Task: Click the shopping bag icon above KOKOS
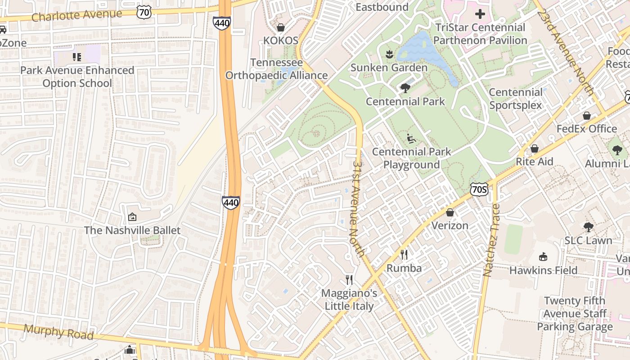[x=281, y=27]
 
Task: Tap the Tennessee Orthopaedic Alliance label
[x=276, y=69]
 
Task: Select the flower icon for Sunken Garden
[x=389, y=54]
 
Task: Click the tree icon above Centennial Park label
[x=405, y=88]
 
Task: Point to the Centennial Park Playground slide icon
[x=411, y=139]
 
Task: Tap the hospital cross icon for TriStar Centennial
[x=480, y=14]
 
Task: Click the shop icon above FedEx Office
[x=587, y=116]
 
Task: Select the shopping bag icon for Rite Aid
[x=535, y=148]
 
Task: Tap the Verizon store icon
[x=450, y=212]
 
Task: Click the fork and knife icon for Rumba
[x=404, y=255]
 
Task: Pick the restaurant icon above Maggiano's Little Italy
[x=349, y=280]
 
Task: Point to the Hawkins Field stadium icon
[x=543, y=257]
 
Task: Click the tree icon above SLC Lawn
[x=588, y=227]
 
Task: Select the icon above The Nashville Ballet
[x=132, y=217]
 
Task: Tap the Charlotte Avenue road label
[x=76, y=15]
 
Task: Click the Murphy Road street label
[x=58, y=332]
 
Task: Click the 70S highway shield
[x=479, y=189]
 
